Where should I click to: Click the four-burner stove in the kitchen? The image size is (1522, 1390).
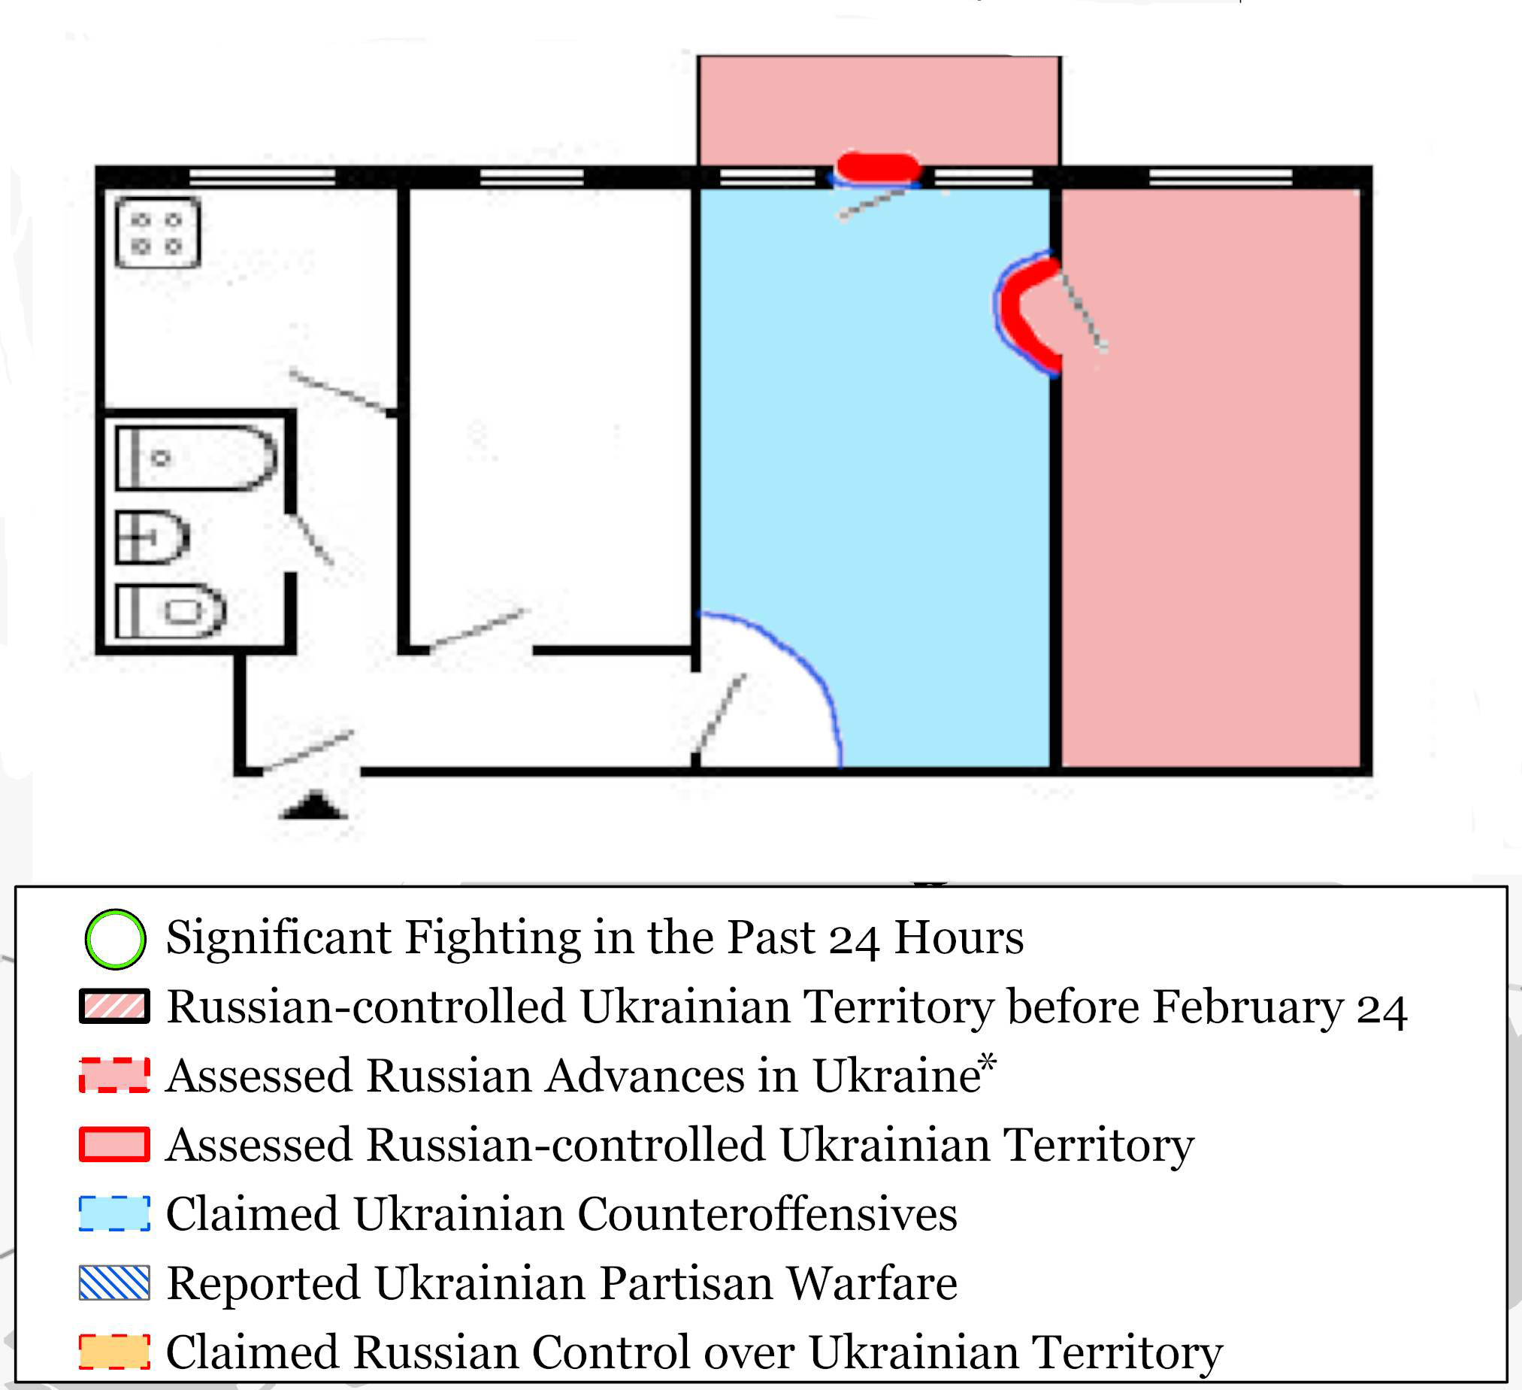click(158, 232)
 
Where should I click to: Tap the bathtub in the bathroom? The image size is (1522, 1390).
click(196, 459)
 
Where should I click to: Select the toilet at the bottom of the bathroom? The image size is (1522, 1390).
click(171, 611)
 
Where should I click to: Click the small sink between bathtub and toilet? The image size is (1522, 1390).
click(152, 538)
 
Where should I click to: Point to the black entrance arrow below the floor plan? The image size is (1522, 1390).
click(314, 805)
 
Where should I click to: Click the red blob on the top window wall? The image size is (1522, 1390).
click(879, 168)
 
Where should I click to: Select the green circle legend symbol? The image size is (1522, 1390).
click(115, 938)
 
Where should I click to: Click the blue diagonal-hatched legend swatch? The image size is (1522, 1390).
click(115, 1282)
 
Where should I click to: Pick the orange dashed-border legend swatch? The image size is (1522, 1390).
click(115, 1352)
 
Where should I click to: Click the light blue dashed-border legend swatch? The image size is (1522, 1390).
click(115, 1213)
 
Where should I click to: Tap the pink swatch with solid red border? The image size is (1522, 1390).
click(115, 1144)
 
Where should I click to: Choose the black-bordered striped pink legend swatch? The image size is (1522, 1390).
click(115, 1007)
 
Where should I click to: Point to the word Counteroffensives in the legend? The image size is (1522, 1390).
click(769, 1214)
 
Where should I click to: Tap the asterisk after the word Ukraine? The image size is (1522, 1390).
click(988, 1061)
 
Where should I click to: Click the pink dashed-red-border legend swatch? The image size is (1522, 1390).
click(115, 1075)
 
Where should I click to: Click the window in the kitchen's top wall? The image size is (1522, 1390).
click(262, 177)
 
